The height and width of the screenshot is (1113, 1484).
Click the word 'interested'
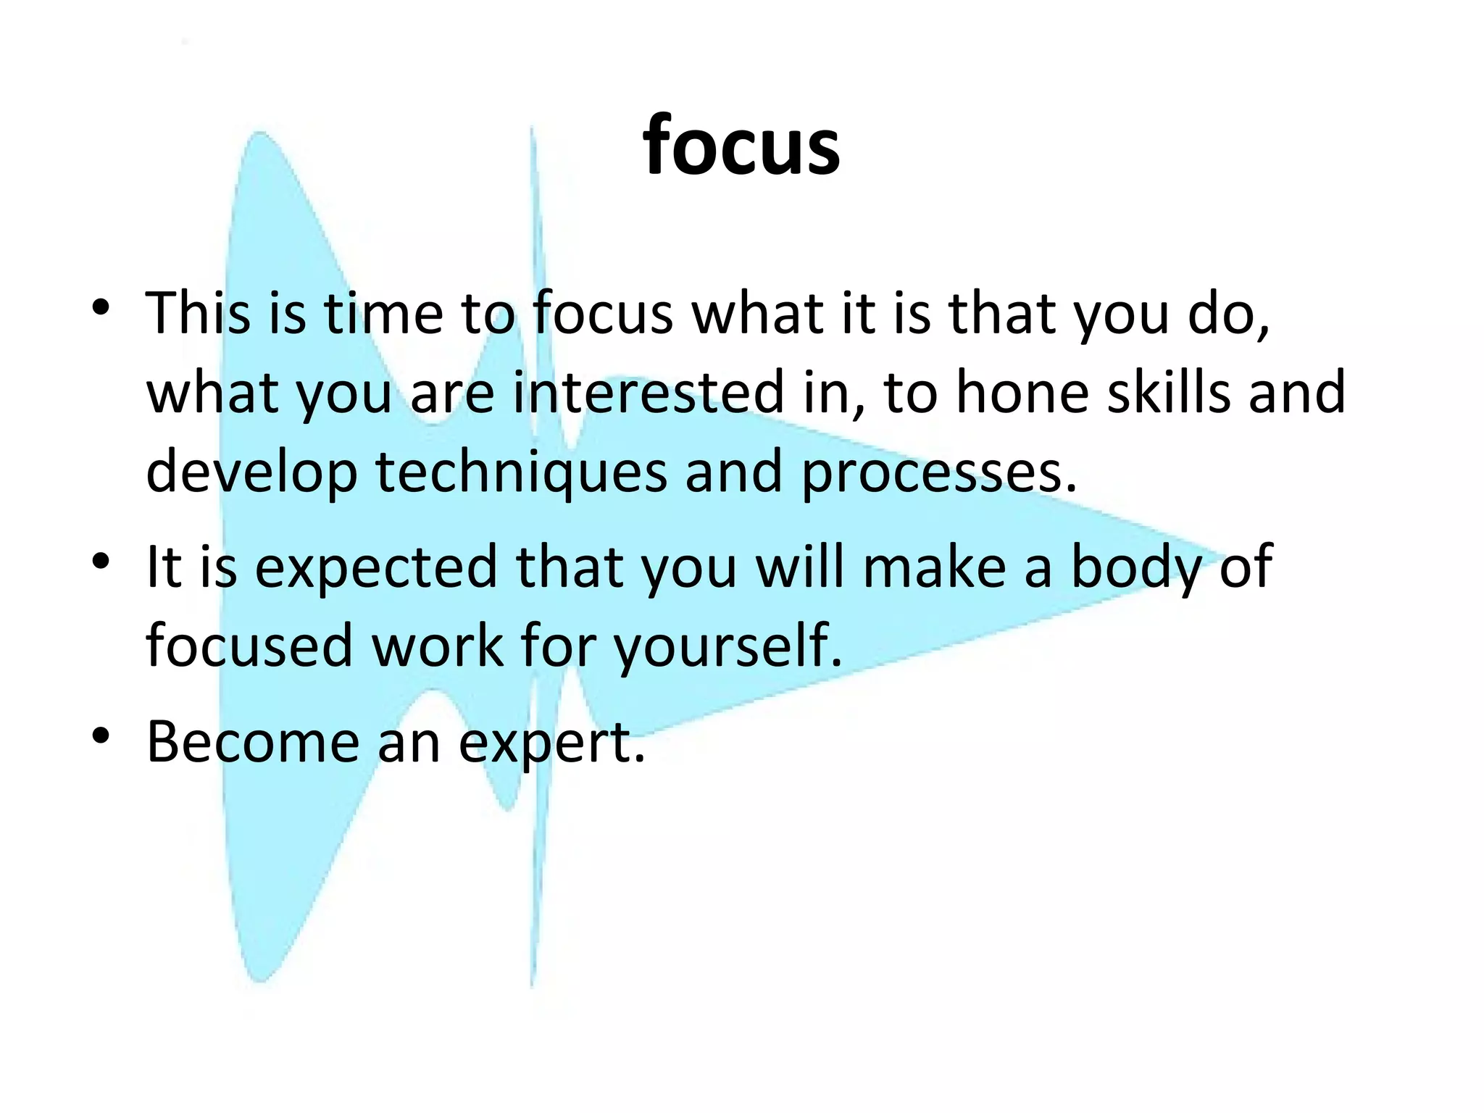click(x=649, y=393)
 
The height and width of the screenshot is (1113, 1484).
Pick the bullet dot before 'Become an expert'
click(x=101, y=735)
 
